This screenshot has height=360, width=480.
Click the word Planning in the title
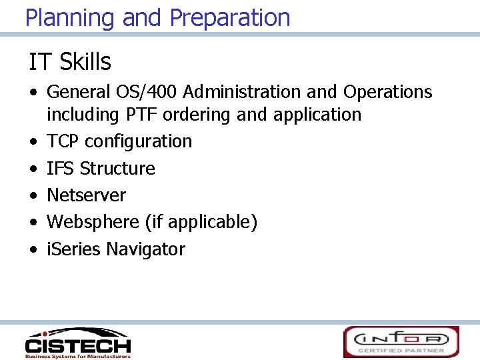(71, 18)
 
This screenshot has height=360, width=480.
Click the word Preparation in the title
(230, 18)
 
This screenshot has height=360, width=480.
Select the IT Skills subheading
(69, 62)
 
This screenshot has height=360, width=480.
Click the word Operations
(387, 92)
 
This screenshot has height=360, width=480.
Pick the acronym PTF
(141, 115)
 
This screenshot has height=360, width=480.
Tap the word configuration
(139, 141)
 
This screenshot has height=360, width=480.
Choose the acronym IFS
(61, 168)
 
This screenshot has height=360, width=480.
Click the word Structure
(117, 168)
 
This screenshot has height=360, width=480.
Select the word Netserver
(86, 195)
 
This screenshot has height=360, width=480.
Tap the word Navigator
(145, 249)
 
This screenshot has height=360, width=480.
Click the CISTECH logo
(77, 343)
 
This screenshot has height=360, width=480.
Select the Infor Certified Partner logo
(401, 342)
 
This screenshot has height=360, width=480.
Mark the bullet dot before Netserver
(33, 196)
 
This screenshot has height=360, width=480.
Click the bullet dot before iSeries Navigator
(33, 250)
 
